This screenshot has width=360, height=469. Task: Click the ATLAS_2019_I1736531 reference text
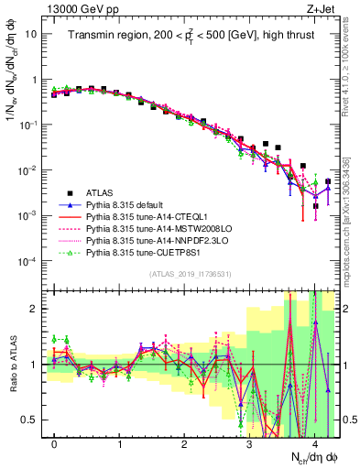[190, 275]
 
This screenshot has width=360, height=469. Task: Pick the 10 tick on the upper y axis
[30, 34]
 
